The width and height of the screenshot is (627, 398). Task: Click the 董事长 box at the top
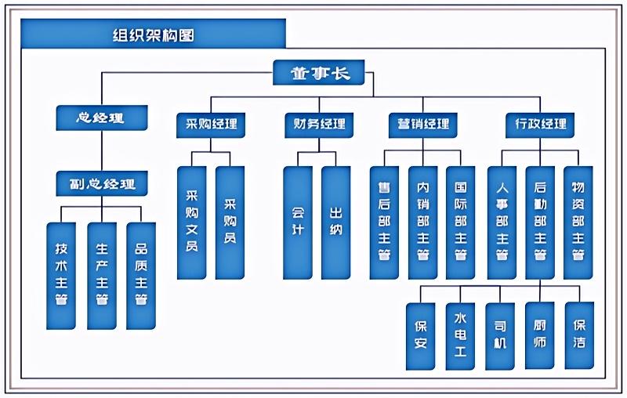click(x=319, y=72)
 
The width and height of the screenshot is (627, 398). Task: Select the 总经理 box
click(x=102, y=118)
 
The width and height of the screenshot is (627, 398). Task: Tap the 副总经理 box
click(x=102, y=183)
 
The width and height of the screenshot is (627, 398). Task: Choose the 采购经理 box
click(x=211, y=125)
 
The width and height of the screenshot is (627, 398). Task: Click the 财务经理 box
click(x=319, y=125)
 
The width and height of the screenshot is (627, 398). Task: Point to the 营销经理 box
click(x=422, y=125)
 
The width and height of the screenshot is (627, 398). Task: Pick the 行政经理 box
click(x=540, y=125)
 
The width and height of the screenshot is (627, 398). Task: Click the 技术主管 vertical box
click(x=61, y=276)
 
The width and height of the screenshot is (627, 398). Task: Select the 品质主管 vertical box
click(x=141, y=276)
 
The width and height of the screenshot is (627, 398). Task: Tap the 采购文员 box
click(x=191, y=223)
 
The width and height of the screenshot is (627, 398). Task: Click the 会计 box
click(x=298, y=223)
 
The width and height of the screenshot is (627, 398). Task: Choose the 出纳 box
click(x=336, y=223)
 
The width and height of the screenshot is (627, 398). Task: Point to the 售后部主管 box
click(x=384, y=223)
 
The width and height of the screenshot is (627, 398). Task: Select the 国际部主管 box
click(x=461, y=223)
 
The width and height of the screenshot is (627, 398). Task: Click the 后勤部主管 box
click(x=540, y=223)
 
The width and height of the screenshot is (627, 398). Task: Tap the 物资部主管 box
click(x=578, y=223)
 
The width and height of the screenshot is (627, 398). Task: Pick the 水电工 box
click(x=460, y=336)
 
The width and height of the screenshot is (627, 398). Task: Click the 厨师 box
click(x=539, y=335)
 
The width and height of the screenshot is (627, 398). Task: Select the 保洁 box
click(x=579, y=335)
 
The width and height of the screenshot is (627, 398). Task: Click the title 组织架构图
click(x=153, y=35)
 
